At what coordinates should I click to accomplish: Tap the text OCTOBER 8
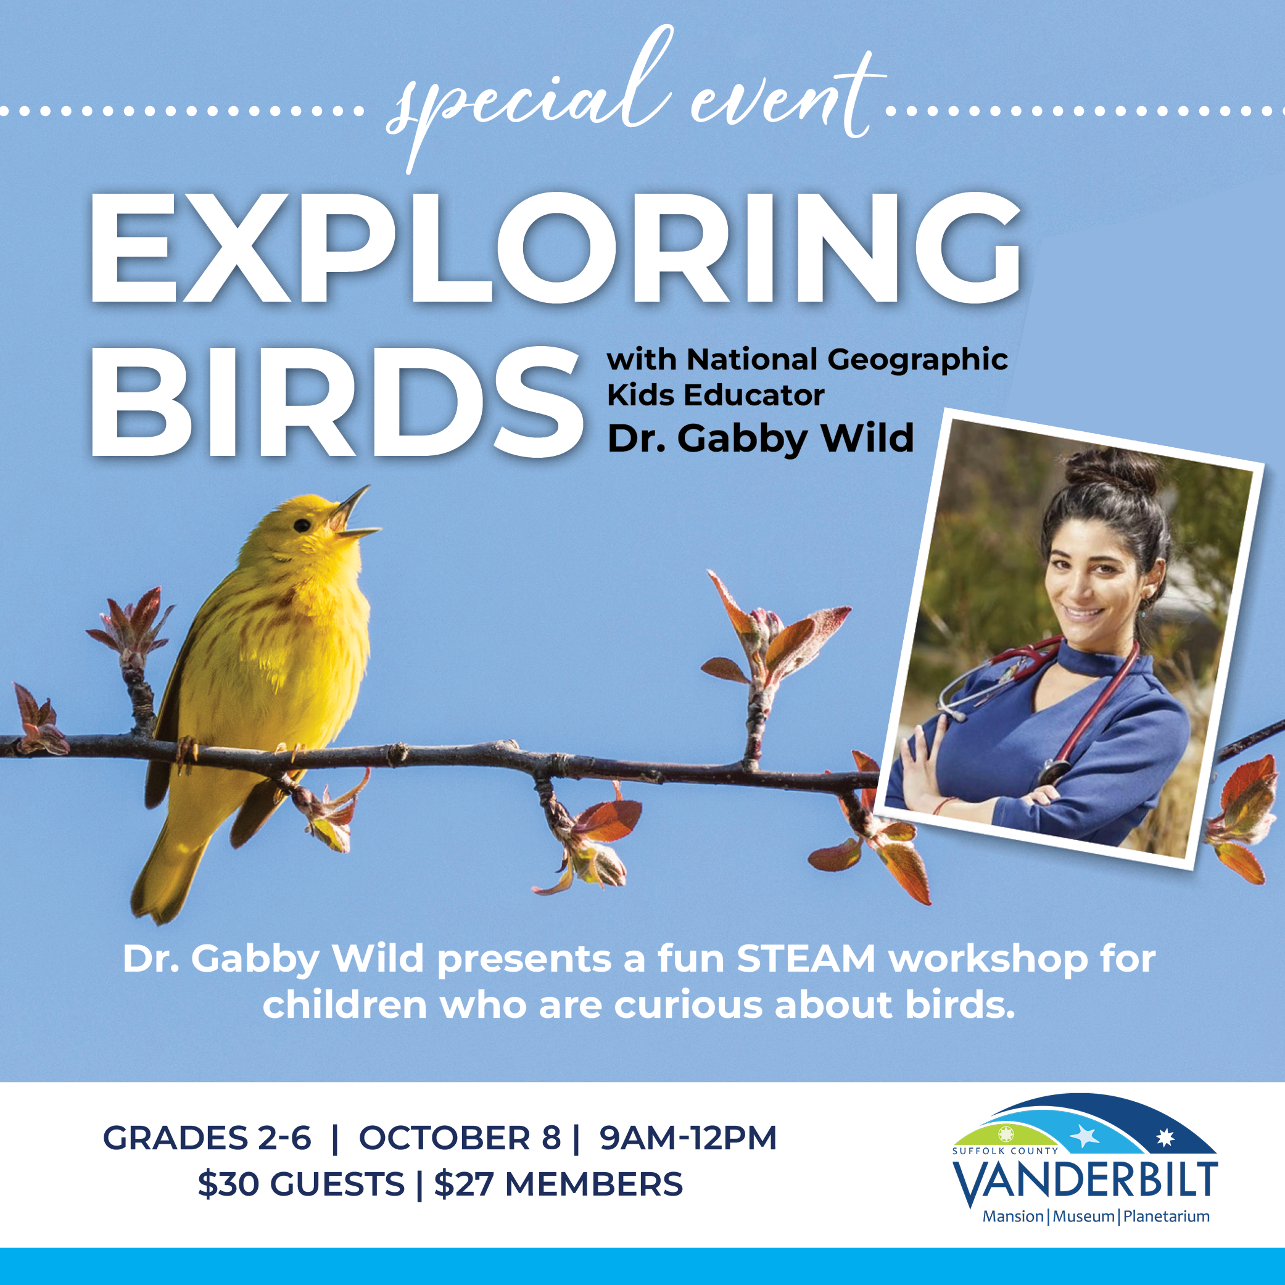(460, 1138)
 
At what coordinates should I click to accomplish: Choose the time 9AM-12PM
(688, 1138)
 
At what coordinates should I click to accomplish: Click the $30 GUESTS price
(301, 1184)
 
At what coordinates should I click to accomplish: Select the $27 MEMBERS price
(559, 1184)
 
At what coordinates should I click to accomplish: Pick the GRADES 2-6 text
(207, 1138)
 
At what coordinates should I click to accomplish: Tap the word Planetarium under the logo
(1166, 1216)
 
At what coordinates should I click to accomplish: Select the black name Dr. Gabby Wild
(761, 440)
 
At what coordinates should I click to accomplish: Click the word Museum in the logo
(1083, 1216)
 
